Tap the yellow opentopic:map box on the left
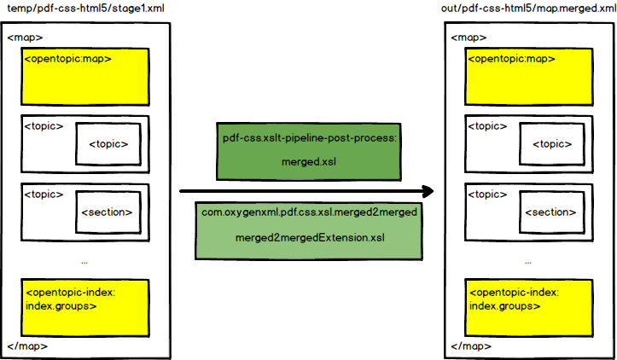click(85, 74)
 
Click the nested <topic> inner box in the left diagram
click(108, 143)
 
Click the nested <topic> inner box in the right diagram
click(551, 143)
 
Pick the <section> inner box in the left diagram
click(108, 212)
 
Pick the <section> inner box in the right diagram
click(551, 212)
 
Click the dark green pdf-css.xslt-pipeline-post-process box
click(310, 151)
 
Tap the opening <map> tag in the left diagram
click(25, 38)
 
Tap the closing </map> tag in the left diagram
click(27, 346)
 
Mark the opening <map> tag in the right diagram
click(469, 38)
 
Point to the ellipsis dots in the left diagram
click(84, 259)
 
